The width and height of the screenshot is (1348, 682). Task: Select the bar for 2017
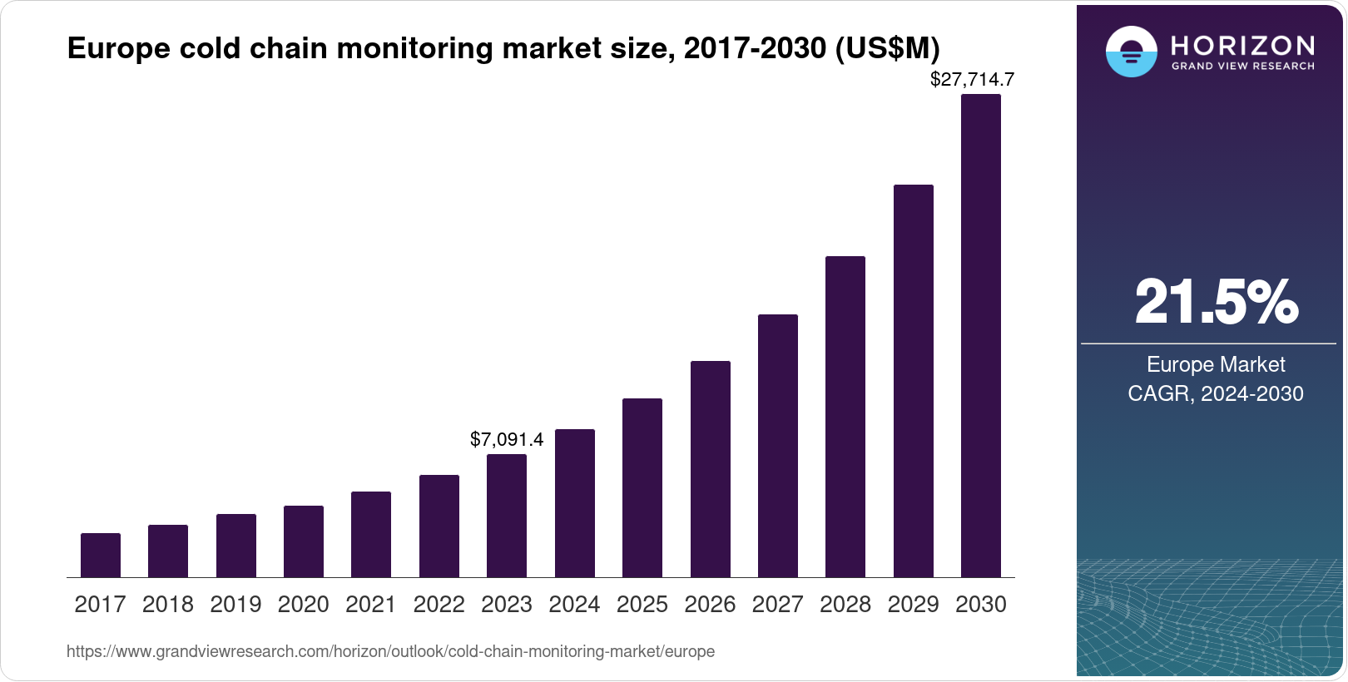pos(101,555)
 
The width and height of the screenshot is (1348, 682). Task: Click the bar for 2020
pos(304,541)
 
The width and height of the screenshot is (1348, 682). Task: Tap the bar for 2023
pos(507,516)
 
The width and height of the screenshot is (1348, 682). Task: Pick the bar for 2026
pos(711,468)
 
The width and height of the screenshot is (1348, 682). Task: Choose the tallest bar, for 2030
pos(981,335)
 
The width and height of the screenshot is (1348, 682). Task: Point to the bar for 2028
pos(845,416)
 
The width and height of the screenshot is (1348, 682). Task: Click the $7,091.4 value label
pos(507,439)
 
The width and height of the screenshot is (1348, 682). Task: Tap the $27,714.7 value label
pos(972,80)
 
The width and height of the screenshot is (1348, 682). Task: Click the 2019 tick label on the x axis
pos(235,605)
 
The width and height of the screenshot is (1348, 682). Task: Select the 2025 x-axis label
pos(642,605)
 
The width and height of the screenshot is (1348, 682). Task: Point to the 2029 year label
pos(913,605)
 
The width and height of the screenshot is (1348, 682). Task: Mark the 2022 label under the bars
pos(439,605)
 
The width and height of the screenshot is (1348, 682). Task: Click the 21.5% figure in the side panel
pos(1216,302)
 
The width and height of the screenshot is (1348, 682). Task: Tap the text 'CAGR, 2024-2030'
pos(1216,393)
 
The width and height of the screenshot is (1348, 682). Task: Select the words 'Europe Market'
pos(1216,364)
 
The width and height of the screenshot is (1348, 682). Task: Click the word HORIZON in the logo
pos(1242,45)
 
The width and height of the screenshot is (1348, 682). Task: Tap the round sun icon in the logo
pos(1131,52)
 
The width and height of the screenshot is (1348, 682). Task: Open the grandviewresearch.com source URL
pos(390,651)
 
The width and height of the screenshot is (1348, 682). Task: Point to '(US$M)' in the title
pos(887,48)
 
